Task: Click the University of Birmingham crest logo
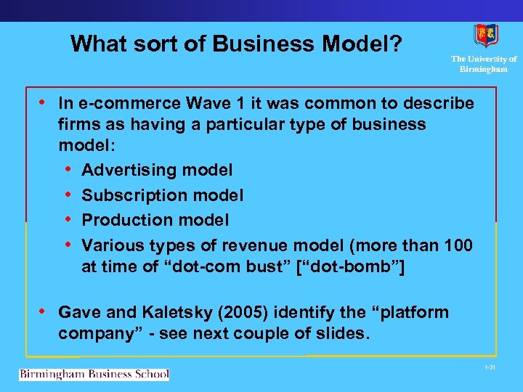pos(485,35)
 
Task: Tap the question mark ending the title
pos(396,44)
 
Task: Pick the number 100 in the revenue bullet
pos(458,245)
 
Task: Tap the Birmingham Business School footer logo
pos(94,375)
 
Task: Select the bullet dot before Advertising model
pos(68,170)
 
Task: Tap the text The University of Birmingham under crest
pos(484,64)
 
